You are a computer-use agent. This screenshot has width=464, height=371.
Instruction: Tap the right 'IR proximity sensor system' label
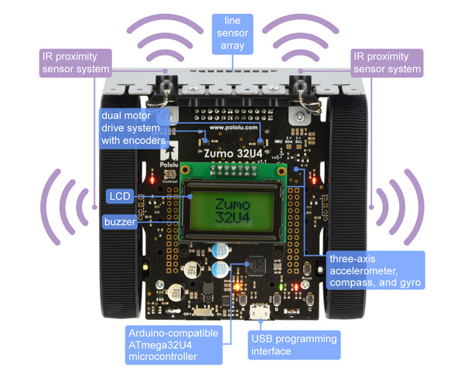tap(387, 62)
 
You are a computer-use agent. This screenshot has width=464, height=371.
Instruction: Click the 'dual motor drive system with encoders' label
tap(132, 128)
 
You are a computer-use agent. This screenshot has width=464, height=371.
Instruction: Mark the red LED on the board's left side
tap(154, 180)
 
